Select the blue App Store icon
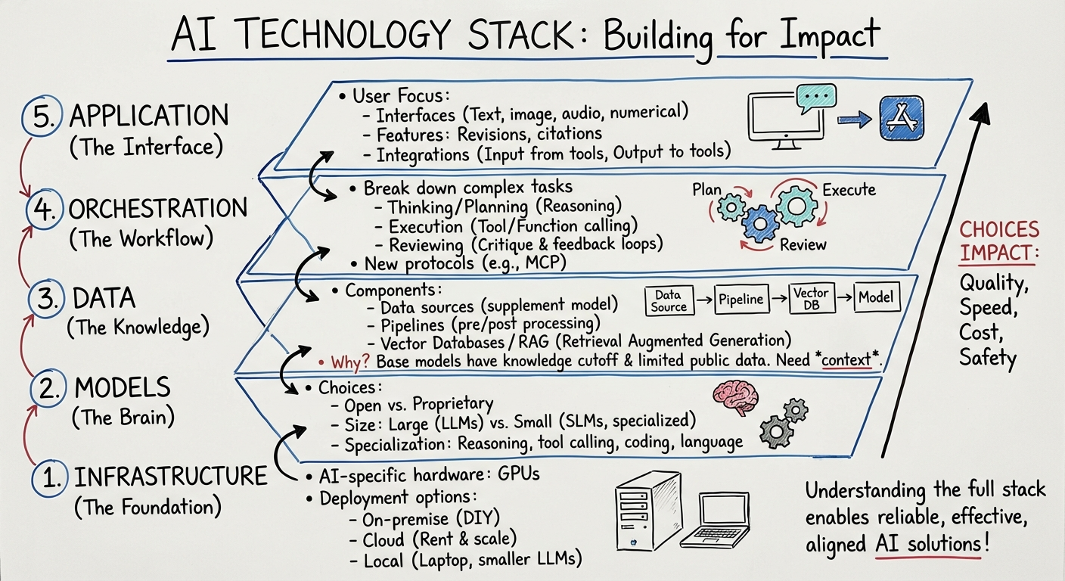[x=902, y=120]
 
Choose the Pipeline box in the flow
[x=741, y=299]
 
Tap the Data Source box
[x=669, y=300]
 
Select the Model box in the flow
[x=876, y=298]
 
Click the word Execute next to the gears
[x=849, y=189]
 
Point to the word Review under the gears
[x=804, y=244]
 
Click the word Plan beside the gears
[x=706, y=189]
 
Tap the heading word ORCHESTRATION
[x=158, y=209]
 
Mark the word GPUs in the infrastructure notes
[x=518, y=476]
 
